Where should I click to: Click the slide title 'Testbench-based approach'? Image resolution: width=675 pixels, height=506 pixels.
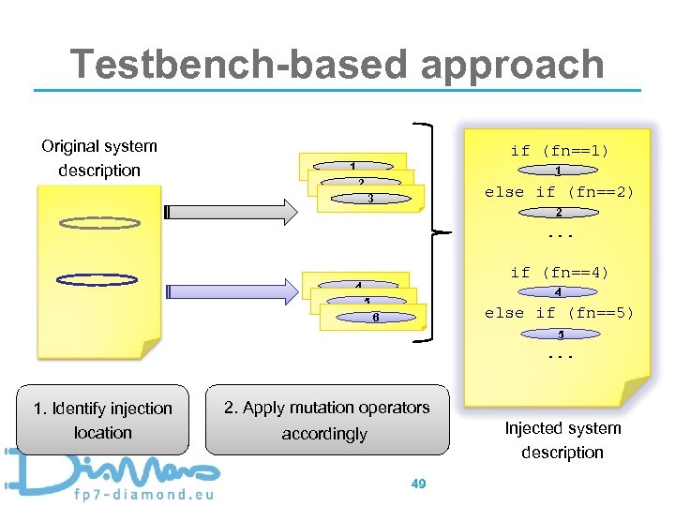[x=337, y=64]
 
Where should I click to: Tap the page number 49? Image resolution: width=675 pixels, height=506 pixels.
[x=419, y=484]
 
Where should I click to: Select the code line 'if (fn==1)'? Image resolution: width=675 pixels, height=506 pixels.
[x=559, y=150]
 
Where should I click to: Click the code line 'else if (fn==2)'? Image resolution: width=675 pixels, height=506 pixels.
[x=559, y=192]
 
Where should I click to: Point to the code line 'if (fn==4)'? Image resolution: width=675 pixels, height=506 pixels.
[x=559, y=273]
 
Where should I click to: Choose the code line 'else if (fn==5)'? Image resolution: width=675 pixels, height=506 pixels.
[x=559, y=313]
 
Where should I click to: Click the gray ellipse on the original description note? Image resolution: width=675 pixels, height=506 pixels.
[x=98, y=223]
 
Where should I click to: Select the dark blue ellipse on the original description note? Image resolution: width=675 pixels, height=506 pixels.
[x=97, y=279]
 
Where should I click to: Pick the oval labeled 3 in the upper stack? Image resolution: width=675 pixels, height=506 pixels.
[x=371, y=199]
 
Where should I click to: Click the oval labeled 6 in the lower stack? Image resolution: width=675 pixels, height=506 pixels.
[x=375, y=318]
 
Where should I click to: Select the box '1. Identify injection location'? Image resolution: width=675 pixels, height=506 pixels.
[x=102, y=421]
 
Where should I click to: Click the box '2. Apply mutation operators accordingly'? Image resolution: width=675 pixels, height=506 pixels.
[x=325, y=421]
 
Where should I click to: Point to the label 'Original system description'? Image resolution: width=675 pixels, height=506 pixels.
[x=99, y=157]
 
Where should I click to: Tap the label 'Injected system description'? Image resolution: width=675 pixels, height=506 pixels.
[x=562, y=440]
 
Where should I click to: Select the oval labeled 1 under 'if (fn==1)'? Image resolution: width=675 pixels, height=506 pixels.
[x=559, y=171]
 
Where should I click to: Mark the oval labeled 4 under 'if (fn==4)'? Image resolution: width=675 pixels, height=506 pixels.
[x=559, y=292]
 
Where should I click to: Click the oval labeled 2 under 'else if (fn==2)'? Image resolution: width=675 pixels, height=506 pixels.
[x=559, y=213]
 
